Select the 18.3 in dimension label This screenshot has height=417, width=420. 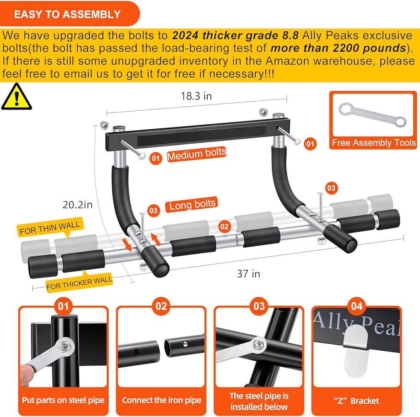click(x=196, y=96)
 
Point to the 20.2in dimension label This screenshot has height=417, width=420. click(x=78, y=205)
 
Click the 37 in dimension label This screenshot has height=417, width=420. click(x=249, y=274)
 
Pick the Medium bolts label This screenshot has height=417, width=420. click(x=197, y=154)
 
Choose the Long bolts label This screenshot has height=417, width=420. click(x=192, y=205)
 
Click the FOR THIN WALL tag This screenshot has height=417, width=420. click(x=50, y=228)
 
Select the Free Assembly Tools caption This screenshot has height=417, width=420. click(x=373, y=143)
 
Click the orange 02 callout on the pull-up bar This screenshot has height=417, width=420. click(x=225, y=227)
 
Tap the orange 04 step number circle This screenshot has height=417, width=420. click(x=357, y=306)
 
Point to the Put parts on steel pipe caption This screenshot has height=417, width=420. click(x=63, y=400)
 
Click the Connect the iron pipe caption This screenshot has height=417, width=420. click(x=161, y=400)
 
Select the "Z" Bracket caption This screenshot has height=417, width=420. click(x=357, y=401)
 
